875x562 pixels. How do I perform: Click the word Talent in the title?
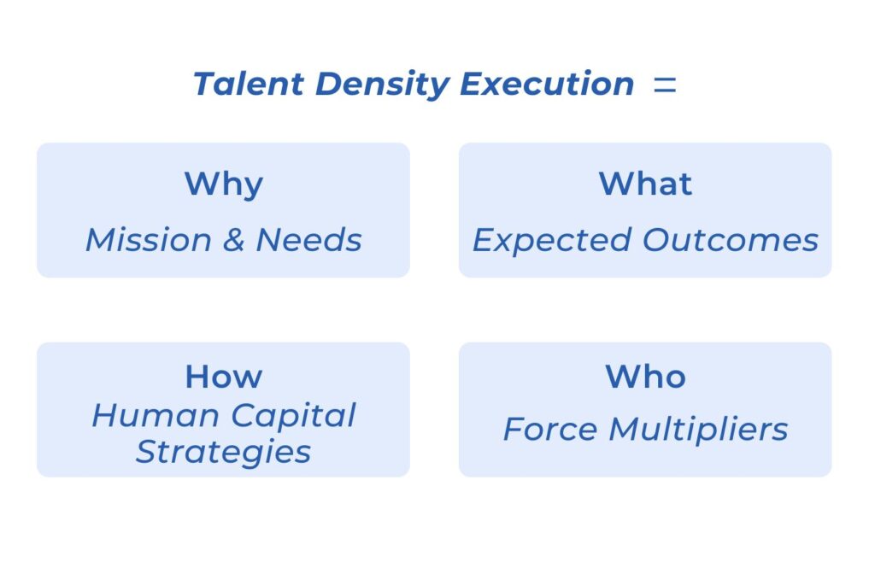click(x=249, y=84)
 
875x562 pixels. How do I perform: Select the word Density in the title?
click(x=382, y=85)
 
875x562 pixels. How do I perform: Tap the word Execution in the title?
click(x=547, y=84)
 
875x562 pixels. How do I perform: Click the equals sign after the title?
click(x=665, y=85)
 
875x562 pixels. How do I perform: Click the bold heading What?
click(x=646, y=184)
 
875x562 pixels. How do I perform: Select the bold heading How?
click(x=224, y=377)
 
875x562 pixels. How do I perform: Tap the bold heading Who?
click(x=646, y=377)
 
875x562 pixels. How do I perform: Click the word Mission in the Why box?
click(x=149, y=240)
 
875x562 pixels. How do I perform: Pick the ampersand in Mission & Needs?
click(x=234, y=240)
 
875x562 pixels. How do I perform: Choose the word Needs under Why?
click(x=308, y=240)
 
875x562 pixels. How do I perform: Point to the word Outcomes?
click(x=731, y=240)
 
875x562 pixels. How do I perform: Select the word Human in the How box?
click(x=156, y=416)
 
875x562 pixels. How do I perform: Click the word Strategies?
click(x=223, y=453)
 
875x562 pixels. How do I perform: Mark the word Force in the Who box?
click(x=550, y=430)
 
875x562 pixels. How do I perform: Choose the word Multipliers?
click(x=698, y=430)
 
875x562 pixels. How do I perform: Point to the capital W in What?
click(x=617, y=184)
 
